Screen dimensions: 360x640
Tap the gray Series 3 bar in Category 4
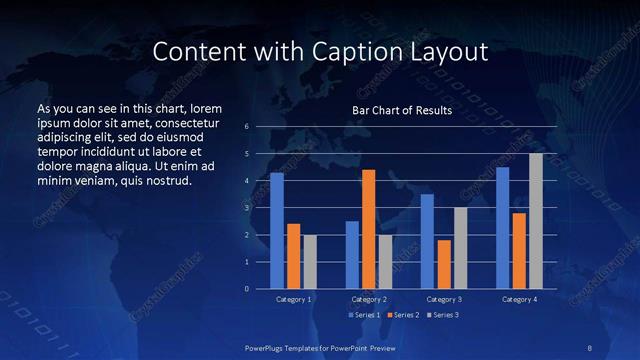click(x=536, y=221)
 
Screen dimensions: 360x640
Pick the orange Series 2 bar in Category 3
click(x=443, y=264)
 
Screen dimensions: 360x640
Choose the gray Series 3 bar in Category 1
click(x=310, y=262)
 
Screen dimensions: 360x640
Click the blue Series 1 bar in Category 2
click(x=352, y=255)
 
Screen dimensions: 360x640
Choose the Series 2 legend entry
click(x=403, y=315)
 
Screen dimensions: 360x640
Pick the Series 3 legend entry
click(x=443, y=315)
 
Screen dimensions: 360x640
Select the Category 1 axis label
click(x=293, y=299)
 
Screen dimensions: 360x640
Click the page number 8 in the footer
click(x=591, y=347)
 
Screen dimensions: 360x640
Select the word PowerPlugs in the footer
click(x=269, y=347)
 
